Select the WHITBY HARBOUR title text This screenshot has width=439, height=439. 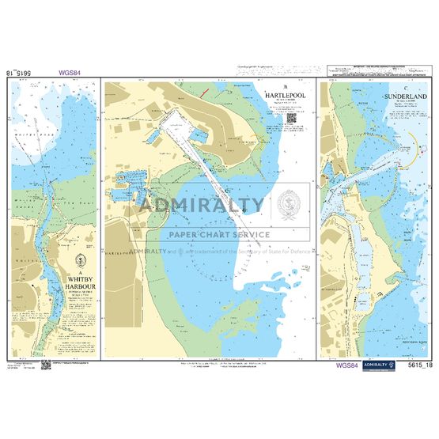tap(78, 282)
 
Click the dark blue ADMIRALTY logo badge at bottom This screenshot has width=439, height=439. tap(384, 365)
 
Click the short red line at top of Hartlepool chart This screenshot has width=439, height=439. tap(207, 92)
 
